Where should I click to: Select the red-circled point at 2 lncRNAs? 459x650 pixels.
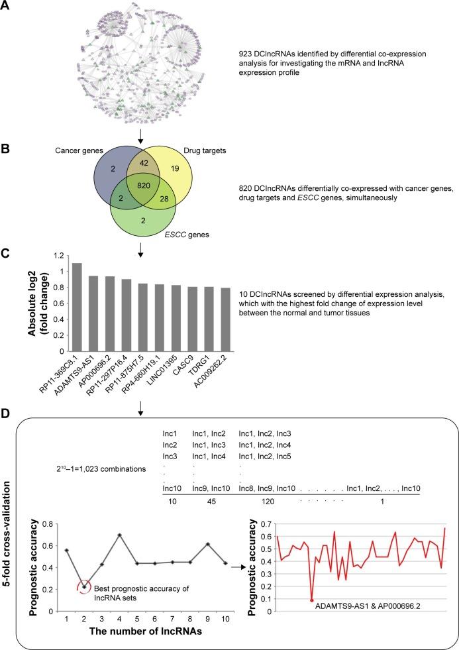click(84, 567)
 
